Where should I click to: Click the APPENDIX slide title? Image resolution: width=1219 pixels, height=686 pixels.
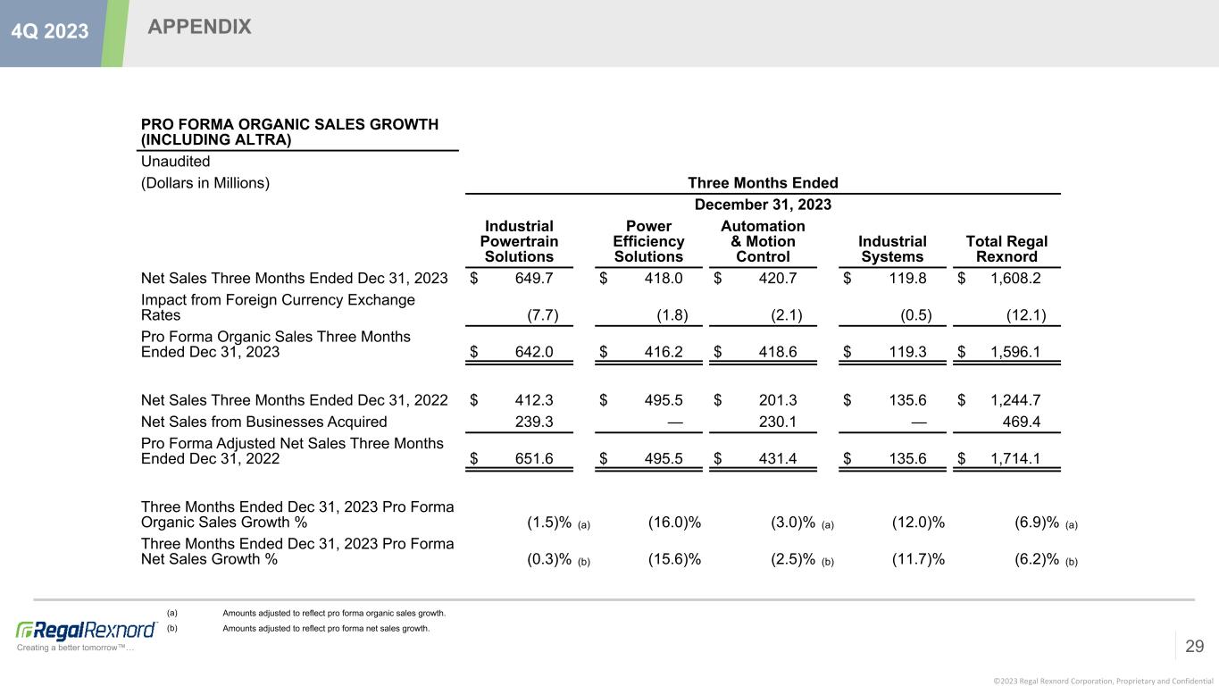(199, 28)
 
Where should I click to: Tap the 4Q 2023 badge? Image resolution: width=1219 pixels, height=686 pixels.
(50, 31)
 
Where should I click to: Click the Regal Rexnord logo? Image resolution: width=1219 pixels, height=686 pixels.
(87, 630)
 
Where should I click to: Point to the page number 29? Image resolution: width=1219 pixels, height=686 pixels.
(1194, 646)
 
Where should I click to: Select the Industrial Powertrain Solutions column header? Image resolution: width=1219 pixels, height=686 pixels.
(519, 241)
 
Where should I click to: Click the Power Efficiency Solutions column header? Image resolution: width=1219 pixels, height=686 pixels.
(648, 241)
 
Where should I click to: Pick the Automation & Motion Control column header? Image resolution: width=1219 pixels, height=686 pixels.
(763, 241)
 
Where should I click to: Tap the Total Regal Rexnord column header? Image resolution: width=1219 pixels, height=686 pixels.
(1006, 249)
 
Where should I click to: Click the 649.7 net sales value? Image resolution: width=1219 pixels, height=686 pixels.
(534, 278)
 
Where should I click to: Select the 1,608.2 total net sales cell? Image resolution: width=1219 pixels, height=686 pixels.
(1015, 278)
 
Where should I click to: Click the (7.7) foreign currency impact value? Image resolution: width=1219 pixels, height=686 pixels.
(544, 314)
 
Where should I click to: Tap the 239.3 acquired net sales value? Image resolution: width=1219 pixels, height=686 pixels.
(534, 422)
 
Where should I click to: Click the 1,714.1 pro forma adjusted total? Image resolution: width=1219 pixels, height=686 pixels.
(1015, 459)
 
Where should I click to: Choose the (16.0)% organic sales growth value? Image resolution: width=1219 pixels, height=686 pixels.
(674, 523)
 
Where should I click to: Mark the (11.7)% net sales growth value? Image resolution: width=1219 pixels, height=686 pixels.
(918, 559)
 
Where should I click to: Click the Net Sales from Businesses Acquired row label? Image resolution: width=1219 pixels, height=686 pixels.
(264, 422)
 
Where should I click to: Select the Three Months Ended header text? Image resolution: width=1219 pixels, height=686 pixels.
(763, 183)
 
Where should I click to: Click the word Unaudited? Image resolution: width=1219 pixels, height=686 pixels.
(176, 162)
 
